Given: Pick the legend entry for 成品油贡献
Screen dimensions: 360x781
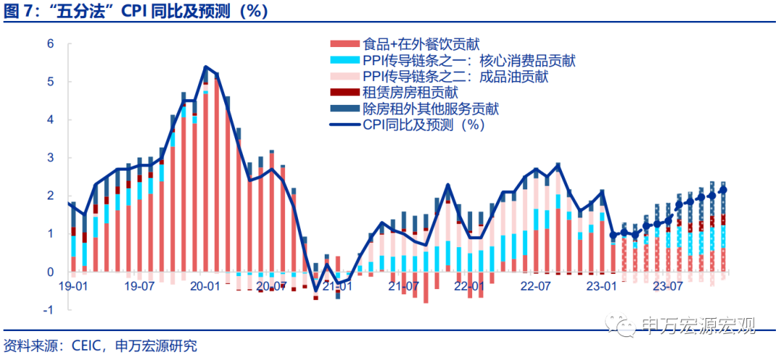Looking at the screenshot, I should coord(455,77).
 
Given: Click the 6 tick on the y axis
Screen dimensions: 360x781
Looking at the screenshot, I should coord(51,43).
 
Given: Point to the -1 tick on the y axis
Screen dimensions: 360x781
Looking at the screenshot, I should coord(48,310).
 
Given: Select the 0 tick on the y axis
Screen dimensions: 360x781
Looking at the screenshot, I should coord(51,272).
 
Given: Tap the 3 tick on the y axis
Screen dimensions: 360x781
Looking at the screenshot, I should coord(51,158).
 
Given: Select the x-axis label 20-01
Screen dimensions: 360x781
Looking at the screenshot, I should coord(205,286).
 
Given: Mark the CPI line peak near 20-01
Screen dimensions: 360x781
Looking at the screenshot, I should coord(206,67).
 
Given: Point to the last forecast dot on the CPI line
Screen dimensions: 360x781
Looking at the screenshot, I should coord(724,190).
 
